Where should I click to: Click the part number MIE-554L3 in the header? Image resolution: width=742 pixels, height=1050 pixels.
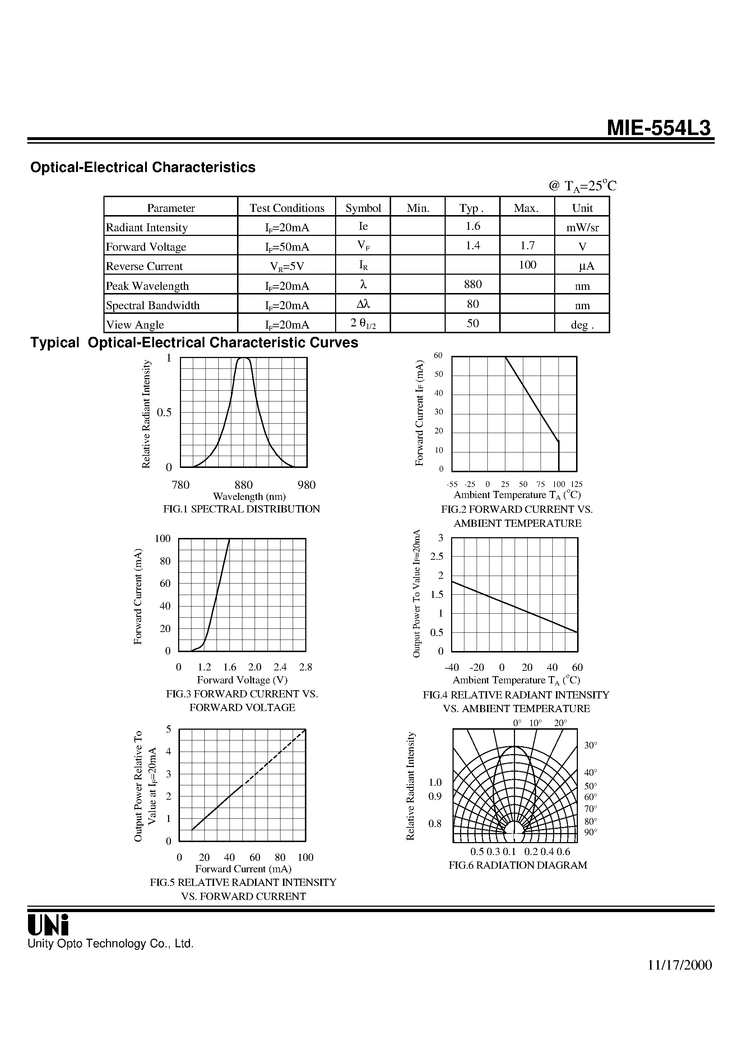pyautogui.click(x=659, y=128)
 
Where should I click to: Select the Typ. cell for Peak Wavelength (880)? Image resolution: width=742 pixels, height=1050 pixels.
pyautogui.click(x=473, y=284)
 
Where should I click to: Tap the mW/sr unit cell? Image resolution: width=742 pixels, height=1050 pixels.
pyautogui.click(x=582, y=227)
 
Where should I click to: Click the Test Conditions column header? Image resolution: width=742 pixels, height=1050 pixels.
pyautogui.click(x=287, y=208)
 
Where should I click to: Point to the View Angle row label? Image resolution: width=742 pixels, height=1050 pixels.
pyautogui.click(x=135, y=325)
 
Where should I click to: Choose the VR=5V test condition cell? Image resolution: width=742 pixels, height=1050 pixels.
pyautogui.click(x=287, y=266)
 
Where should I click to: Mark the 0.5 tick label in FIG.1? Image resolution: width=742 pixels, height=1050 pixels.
pyautogui.click(x=164, y=413)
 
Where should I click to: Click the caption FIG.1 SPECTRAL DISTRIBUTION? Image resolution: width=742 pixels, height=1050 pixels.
pyautogui.click(x=242, y=509)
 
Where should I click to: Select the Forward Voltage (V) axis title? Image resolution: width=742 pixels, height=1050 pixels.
pyautogui.click(x=242, y=680)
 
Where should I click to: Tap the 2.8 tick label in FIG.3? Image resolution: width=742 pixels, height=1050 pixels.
pyautogui.click(x=305, y=667)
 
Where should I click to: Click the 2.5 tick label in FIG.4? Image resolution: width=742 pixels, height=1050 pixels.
pyautogui.click(x=437, y=557)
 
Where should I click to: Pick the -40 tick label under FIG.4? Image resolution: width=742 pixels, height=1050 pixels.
pyautogui.click(x=452, y=668)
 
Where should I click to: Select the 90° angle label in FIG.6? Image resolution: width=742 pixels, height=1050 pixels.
pyautogui.click(x=590, y=832)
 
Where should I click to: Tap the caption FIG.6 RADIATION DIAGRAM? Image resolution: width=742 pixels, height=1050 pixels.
pyautogui.click(x=518, y=865)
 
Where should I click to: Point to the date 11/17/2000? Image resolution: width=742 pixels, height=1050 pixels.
pyautogui.click(x=680, y=965)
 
